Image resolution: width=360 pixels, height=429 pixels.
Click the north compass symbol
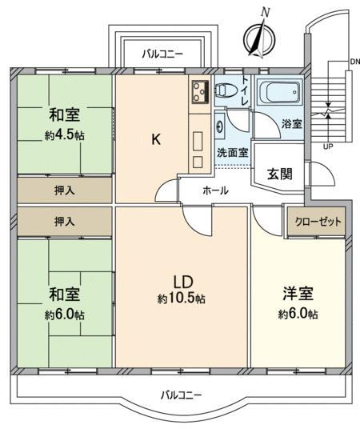[x=259, y=39]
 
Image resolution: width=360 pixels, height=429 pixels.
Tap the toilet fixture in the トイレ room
[x=225, y=90]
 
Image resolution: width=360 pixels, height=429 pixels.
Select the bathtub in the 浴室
[x=280, y=92]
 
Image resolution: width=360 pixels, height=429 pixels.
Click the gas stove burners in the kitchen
[x=201, y=93]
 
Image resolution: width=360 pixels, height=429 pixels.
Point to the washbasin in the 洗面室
[x=220, y=126]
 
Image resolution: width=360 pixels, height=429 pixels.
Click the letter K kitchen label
[x=156, y=140]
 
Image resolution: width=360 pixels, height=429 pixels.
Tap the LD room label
[x=183, y=282]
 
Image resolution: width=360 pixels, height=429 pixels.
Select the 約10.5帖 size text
[x=181, y=299]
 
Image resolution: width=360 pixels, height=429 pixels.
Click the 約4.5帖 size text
[x=65, y=135]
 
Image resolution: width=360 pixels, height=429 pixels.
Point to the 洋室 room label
[x=298, y=294]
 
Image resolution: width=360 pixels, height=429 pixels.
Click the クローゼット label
[x=318, y=222]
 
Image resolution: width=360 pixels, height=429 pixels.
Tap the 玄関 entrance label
[x=279, y=174]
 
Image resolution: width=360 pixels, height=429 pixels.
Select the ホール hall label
[x=215, y=190]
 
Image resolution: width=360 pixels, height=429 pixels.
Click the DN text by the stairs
[x=355, y=62]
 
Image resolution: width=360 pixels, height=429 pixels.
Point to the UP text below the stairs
[x=328, y=146]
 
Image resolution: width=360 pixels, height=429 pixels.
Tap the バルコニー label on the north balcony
[x=162, y=54]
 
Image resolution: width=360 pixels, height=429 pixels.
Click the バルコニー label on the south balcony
[x=181, y=395]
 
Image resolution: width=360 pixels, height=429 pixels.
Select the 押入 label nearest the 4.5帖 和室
[x=65, y=190]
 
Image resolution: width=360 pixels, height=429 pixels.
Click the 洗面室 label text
[x=233, y=152]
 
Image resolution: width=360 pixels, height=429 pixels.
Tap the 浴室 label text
[x=292, y=124]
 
